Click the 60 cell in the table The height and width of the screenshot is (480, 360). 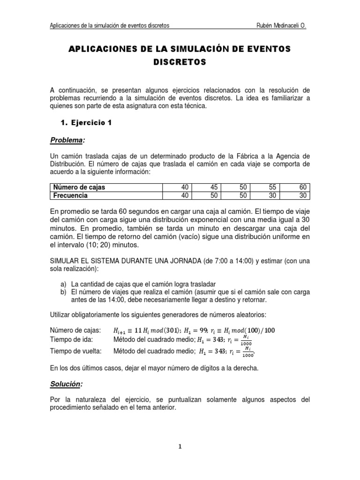(303, 187)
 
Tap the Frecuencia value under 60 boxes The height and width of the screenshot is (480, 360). (303, 195)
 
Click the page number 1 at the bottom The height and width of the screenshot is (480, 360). (180, 447)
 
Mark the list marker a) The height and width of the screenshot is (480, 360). (64, 283)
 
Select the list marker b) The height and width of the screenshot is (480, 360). (64, 291)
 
